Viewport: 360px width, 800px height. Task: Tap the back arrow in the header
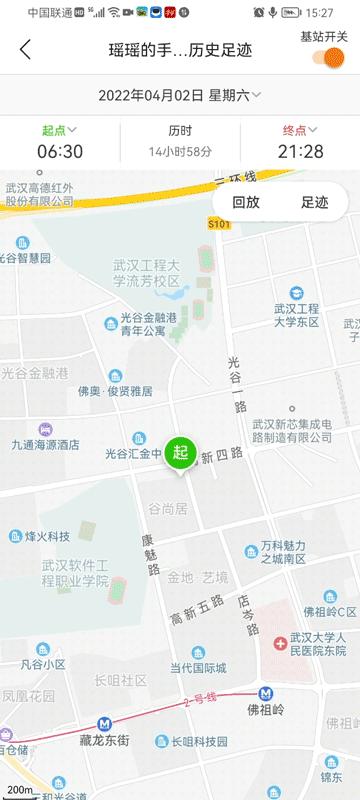[x=25, y=49]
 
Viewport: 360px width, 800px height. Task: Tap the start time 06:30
[x=60, y=151]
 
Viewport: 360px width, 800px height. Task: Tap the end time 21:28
[x=300, y=151]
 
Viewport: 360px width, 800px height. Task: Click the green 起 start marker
[x=180, y=453]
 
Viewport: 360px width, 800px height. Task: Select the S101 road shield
[x=219, y=225]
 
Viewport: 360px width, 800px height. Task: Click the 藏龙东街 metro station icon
[x=104, y=724]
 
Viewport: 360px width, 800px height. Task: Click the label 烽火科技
[x=47, y=536]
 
